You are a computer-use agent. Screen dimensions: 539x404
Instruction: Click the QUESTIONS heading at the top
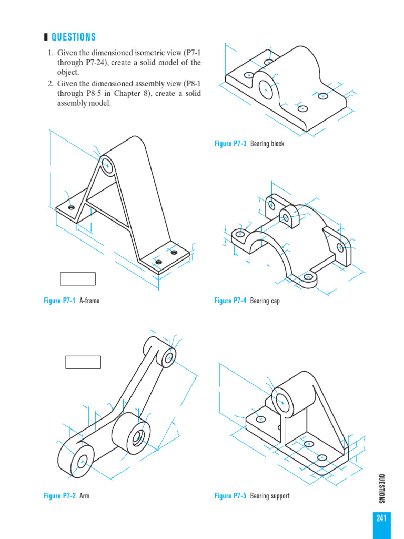click(x=74, y=37)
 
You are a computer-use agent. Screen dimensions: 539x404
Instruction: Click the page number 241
click(x=381, y=518)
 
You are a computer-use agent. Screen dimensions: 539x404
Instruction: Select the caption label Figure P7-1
click(x=59, y=301)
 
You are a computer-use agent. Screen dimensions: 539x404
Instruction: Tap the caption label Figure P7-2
click(x=59, y=496)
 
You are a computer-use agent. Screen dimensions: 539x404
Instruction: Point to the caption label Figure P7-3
click(x=230, y=144)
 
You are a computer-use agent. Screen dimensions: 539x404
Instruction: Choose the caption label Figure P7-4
click(x=230, y=301)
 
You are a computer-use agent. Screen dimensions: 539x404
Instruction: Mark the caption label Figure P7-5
click(x=230, y=496)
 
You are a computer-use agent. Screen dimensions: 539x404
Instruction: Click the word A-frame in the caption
click(x=89, y=301)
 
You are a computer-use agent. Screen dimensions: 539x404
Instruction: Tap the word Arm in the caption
click(x=84, y=496)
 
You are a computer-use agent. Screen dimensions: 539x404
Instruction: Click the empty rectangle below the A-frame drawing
click(x=77, y=278)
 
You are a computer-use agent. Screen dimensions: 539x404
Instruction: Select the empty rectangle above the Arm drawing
click(x=83, y=362)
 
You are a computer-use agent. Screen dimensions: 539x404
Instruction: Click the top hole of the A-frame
click(x=107, y=165)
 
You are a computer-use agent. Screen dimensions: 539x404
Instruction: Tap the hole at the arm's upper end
click(x=169, y=357)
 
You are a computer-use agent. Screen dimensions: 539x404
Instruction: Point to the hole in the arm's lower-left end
click(x=83, y=462)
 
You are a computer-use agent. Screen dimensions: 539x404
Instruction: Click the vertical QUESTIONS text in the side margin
click(x=381, y=488)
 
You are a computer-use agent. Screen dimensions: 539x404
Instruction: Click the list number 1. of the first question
click(x=51, y=53)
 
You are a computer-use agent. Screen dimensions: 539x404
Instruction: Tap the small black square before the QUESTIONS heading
click(x=46, y=37)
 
